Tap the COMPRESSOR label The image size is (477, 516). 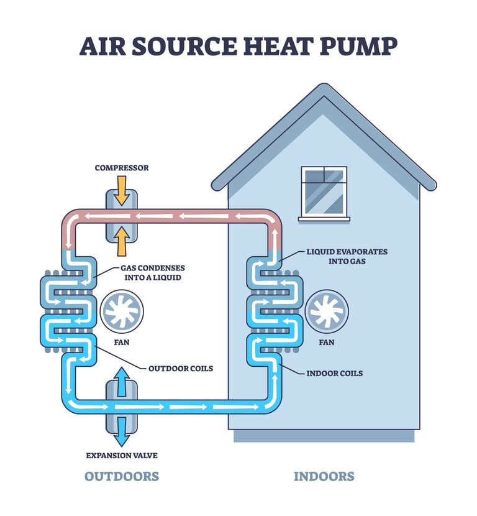(x=122, y=168)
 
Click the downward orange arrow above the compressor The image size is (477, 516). (x=122, y=191)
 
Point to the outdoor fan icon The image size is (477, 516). (x=122, y=310)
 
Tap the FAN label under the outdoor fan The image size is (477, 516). (x=122, y=342)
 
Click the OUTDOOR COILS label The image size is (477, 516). (x=180, y=368)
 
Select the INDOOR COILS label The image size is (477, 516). (x=335, y=373)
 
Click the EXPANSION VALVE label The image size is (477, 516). (x=122, y=455)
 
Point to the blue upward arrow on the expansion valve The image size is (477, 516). (x=122, y=380)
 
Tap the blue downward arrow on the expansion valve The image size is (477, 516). (x=122, y=428)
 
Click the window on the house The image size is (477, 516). (x=324, y=191)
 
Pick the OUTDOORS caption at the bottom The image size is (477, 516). (x=122, y=477)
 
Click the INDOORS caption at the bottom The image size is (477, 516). (x=324, y=477)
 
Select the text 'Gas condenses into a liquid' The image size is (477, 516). (x=152, y=272)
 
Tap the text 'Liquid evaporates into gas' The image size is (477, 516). (x=347, y=256)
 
